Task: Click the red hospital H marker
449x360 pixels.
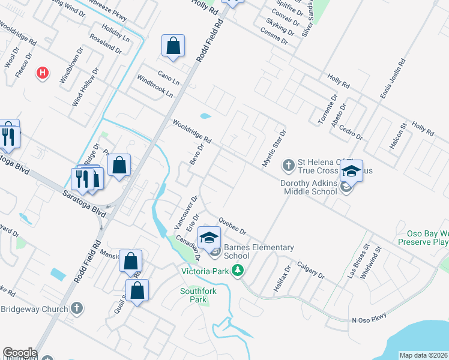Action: pyautogui.click(x=42, y=73)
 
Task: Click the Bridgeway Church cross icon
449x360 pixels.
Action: pyautogui.click(x=76, y=308)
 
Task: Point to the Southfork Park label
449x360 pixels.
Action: pyautogui.click(x=197, y=295)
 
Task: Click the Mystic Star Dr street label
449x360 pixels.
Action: pyautogui.click(x=274, y=148)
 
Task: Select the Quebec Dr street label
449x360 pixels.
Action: pyautogui.click(x=233, y=226)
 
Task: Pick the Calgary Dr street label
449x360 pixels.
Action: pyautogui.click(x=310, y=271)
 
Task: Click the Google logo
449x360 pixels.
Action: pyautogui.click(x=20, y=353)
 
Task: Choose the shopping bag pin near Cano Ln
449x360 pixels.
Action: pyautogui.click(x=173, y=46)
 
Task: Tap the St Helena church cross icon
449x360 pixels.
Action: pyautogui.click(x=289, y=164)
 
